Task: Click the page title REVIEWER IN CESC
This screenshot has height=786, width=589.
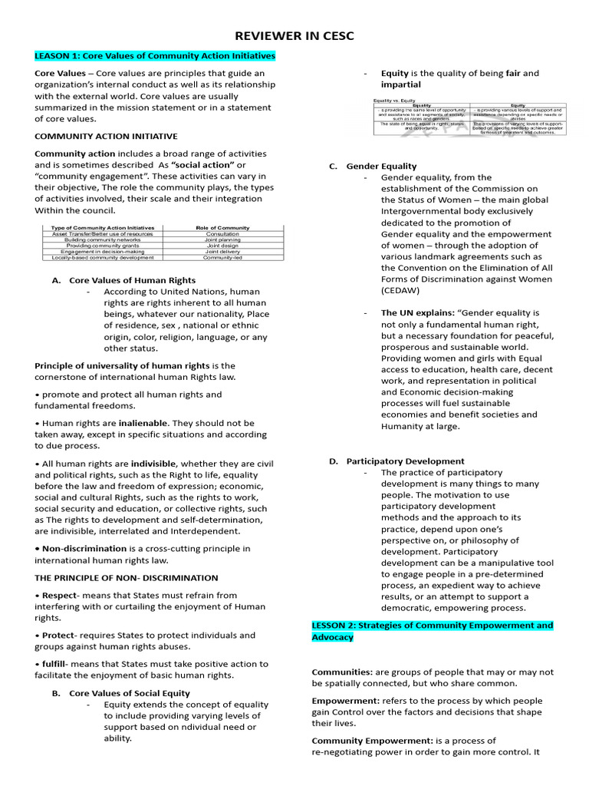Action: click(x=294, y=35)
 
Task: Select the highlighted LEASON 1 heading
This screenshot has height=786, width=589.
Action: click(x=155, y=56)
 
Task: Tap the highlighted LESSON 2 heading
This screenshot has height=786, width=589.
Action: click(x=432, y=631)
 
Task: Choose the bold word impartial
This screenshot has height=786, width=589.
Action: click(x=401, y=84)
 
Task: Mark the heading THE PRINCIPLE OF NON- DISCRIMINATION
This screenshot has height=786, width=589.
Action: click(x=127, y=578)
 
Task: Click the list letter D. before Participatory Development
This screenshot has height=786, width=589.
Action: click(x=333, y=461)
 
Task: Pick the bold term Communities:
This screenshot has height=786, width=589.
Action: click(x=342, y=672)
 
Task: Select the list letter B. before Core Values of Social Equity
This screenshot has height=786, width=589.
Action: click(x=56, y=693)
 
